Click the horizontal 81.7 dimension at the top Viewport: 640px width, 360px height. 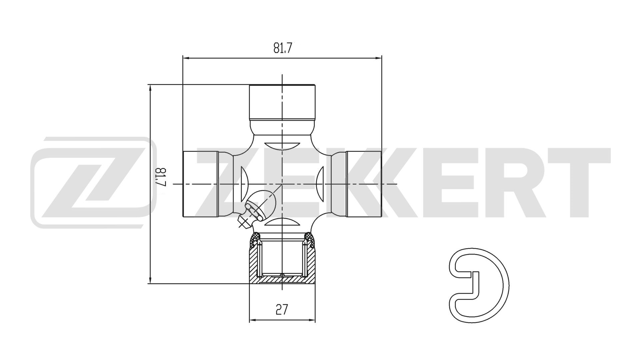coord(283,48)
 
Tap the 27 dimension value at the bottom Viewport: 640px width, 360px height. coord(282,310)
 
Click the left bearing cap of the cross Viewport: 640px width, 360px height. coord(200,184)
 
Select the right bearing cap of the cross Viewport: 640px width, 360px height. coord(364,184)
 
